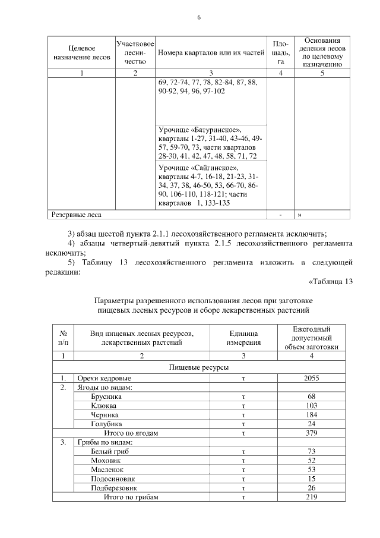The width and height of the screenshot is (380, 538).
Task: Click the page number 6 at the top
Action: [199, 17]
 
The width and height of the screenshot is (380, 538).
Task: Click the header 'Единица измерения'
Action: [243, 338]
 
